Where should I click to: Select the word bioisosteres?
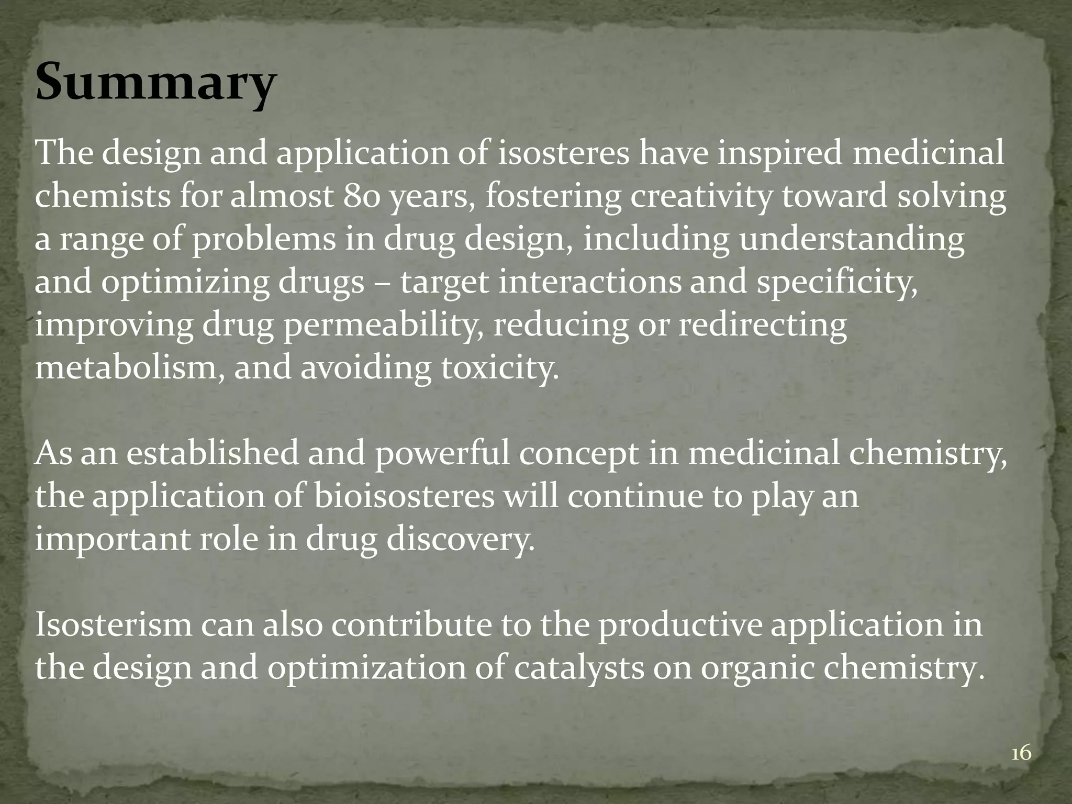click(x=404, y=497)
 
